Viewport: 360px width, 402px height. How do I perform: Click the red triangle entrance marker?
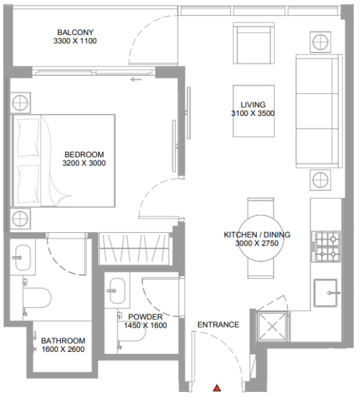pos(217,388)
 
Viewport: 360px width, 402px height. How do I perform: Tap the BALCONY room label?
pos(75,33)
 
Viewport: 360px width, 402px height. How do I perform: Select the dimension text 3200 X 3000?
pos(84,163)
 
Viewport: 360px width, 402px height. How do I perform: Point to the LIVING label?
pos(253,105)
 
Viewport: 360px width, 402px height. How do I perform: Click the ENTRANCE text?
pos(219,324)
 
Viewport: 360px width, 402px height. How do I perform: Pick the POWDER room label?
pos(145,317)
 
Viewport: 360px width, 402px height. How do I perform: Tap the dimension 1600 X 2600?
pos(63,349)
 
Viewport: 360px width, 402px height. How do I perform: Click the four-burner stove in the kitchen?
pos(326,247)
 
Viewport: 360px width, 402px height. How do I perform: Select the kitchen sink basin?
pos(326,293)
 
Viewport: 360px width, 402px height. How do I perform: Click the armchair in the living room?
pos(254,43)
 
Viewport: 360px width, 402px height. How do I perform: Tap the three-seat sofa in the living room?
pos(319,111)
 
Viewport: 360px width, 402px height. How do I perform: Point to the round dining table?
pos(260,238)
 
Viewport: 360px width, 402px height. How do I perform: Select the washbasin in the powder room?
pos(117,291)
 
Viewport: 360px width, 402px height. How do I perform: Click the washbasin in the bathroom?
pos(23,257)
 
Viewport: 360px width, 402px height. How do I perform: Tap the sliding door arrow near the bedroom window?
pos(136,80)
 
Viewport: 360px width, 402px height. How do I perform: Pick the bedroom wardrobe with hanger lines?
pos(134,249)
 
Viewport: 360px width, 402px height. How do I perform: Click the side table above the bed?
pos(20,103)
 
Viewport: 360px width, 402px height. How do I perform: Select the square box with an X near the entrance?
pos(272,326)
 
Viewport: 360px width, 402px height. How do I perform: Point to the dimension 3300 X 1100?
pos(75,41)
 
